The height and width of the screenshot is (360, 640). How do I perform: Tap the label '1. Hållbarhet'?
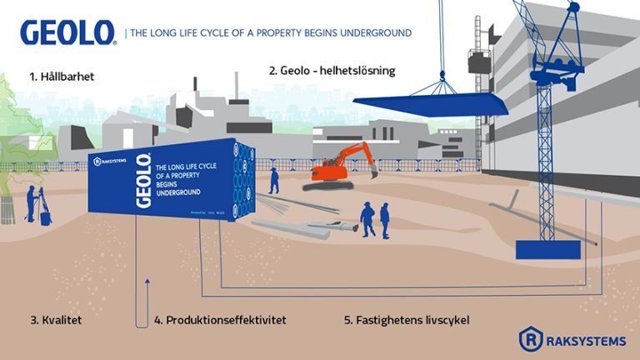tap(62, 77)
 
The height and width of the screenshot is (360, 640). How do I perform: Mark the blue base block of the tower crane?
tap(542, 248)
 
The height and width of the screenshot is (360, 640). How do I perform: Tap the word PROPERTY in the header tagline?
tap(300, 33)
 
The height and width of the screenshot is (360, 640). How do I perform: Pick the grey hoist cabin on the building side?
tap(479, 63)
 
